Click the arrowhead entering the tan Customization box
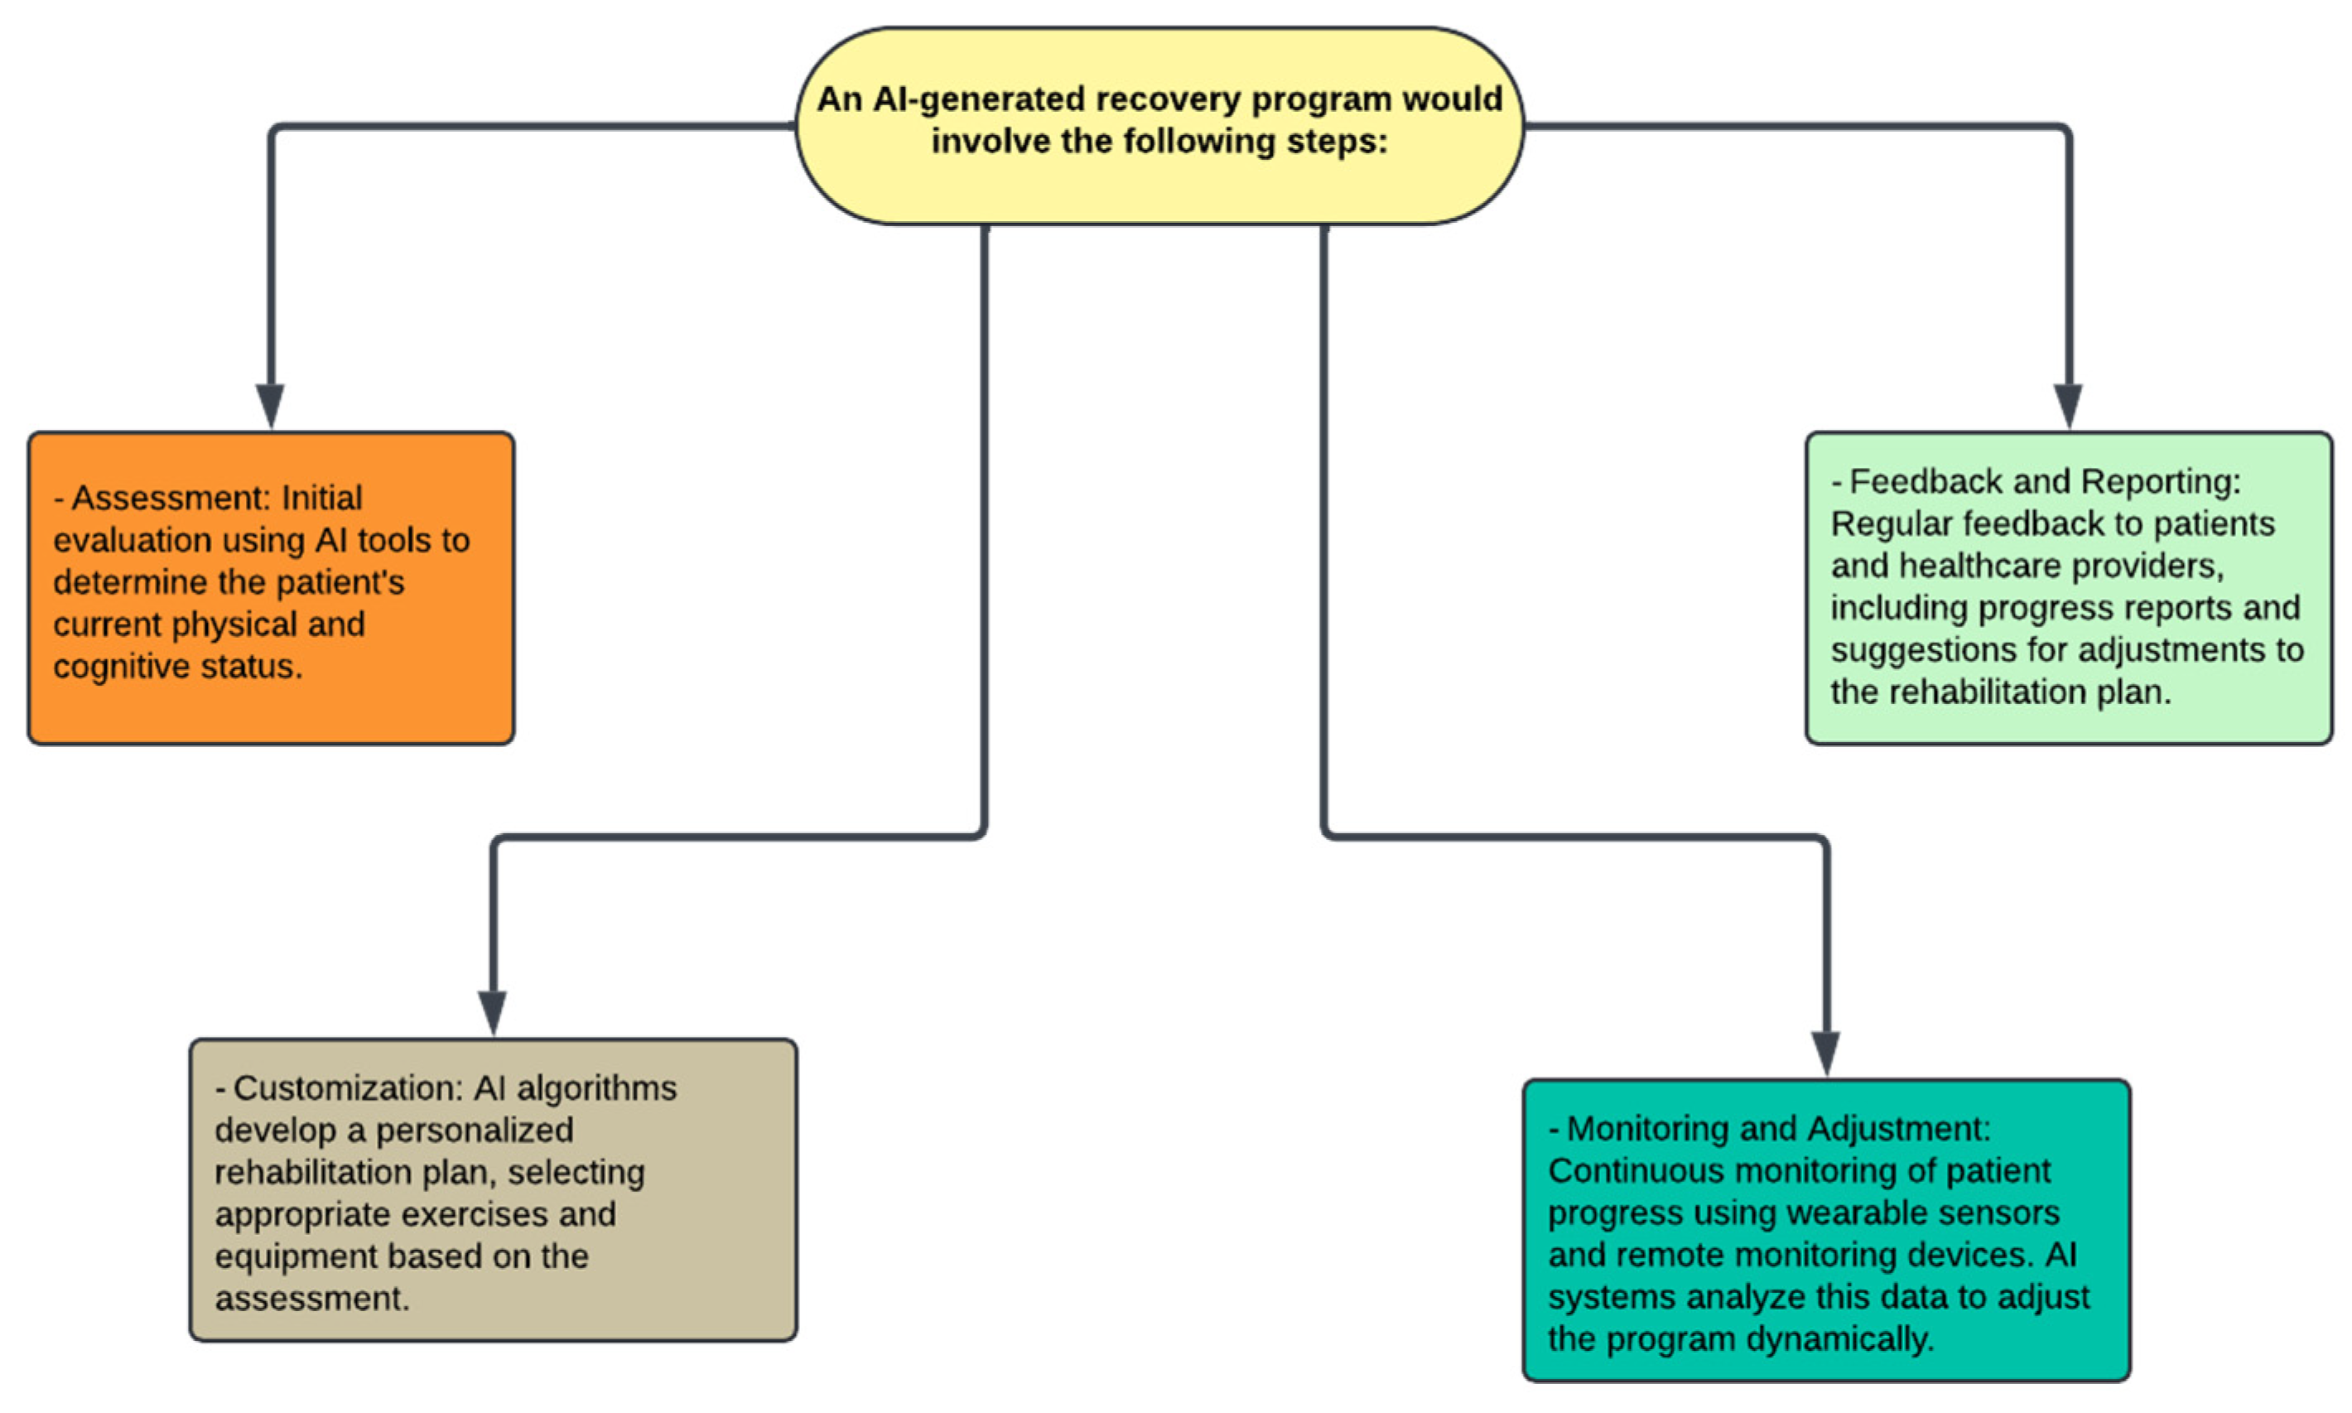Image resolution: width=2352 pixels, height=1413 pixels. [492, 1012]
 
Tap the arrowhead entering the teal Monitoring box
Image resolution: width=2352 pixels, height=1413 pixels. [1824, 1053]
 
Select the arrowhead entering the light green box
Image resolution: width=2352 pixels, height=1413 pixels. [2067, 407]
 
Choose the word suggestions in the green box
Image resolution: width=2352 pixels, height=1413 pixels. [1916, 649]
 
